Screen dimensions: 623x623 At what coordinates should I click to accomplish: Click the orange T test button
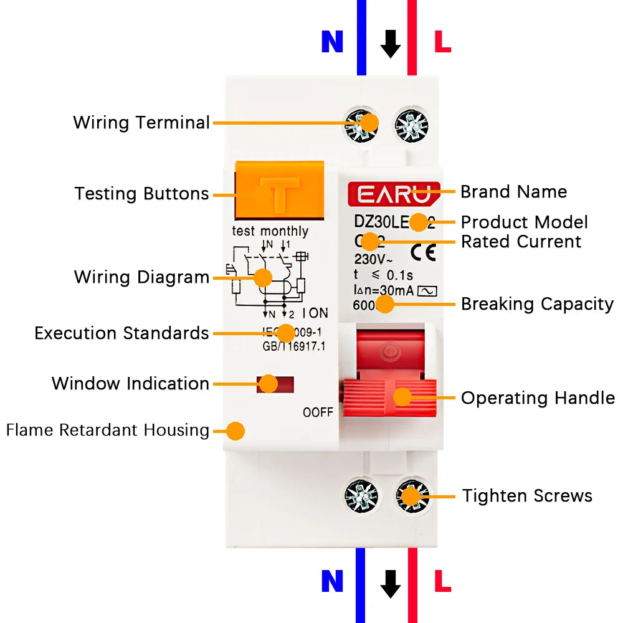coord(279,192)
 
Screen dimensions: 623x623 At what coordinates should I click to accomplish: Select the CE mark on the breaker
coord(424,251)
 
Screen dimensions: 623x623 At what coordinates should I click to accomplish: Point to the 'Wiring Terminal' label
coord(141,122)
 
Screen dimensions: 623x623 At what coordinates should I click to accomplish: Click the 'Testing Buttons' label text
coord(141,194)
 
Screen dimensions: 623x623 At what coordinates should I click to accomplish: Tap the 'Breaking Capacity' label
coord(537,304)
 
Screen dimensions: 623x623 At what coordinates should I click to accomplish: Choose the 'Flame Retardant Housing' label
coord(107,430)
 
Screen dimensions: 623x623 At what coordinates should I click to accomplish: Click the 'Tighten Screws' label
coord(527,496)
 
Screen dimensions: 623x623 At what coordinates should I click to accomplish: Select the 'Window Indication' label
coord(130,383)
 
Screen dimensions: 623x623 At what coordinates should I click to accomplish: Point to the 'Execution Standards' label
coord(121,333)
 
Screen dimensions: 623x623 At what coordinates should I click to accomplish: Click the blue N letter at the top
coord(332,42)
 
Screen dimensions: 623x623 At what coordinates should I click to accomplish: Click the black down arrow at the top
coord(391,44)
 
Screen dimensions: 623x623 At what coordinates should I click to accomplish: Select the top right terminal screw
coord(412,123)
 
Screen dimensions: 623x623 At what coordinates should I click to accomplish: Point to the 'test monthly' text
coord(270,231)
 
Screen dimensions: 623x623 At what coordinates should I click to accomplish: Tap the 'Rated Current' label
coord(521,241)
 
